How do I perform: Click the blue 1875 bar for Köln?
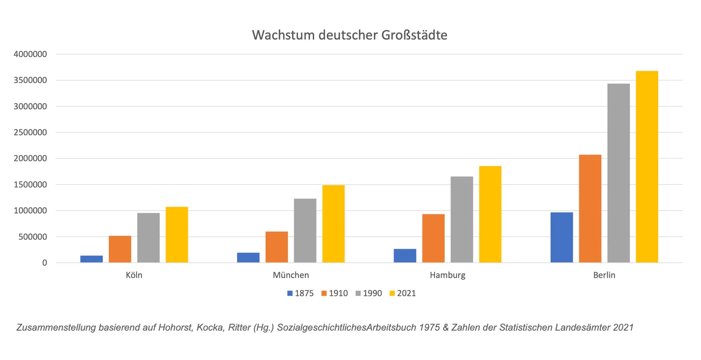coord(92,259)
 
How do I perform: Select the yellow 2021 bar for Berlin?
coord(647,167)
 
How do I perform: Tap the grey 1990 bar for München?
coord(305,231)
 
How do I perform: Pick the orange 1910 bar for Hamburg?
coord(433,238)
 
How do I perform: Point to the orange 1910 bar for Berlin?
coord(590,209)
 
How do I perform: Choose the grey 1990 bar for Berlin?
coord(618,173)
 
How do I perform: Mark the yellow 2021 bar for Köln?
coord(177,235)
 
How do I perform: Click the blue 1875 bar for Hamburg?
coord(405,256)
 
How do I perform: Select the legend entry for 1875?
coord(301,293)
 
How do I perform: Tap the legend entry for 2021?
coord(403,293)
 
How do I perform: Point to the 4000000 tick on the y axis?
coord(30,54)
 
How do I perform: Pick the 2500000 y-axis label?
coord(30,132)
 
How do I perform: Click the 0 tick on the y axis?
coord(44,263)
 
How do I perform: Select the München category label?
coord(291,275)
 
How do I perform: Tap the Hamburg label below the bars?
coord(447,275)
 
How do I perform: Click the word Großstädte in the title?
coord(414,35)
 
